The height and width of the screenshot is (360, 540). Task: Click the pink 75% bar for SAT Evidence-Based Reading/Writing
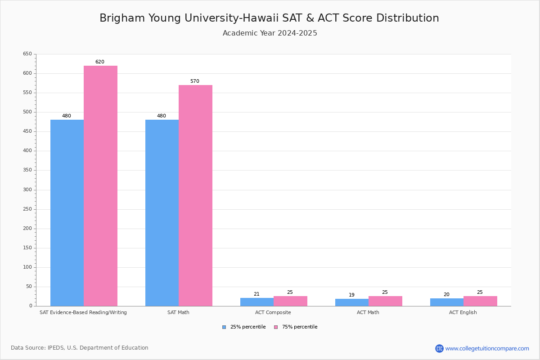(x=100, y=186)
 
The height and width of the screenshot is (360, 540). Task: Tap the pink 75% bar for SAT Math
(x=195, y=196)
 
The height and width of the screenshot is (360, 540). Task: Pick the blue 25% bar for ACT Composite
(x=257, y=302)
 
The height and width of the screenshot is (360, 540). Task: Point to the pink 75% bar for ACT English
(x=480, y=301)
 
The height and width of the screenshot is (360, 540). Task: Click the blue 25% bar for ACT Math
(x=352, y=302)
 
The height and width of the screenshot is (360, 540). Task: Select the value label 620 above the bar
(x=100, y=62)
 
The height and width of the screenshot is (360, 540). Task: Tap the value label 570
(x=195, y=81)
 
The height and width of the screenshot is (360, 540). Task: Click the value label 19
(x=352, y=295)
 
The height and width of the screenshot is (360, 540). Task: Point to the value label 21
(x=256, y=294)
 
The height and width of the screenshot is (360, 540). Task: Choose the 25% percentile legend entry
(x=244, y=327)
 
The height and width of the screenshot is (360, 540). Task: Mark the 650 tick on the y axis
(x=27, y=54)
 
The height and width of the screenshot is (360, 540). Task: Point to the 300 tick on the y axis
(x=27, y=189)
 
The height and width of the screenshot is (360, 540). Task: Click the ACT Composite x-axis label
(x=273, y=312)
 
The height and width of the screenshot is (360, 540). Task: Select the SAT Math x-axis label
(x=179, y=312)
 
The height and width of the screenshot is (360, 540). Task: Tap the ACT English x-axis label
(x=463, y=312)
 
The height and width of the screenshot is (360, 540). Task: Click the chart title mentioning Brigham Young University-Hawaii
(x=269, y=18)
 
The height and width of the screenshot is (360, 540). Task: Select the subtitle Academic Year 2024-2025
(x=270, y=33)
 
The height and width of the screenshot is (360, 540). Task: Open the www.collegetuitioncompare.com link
(x=487, y=348)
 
